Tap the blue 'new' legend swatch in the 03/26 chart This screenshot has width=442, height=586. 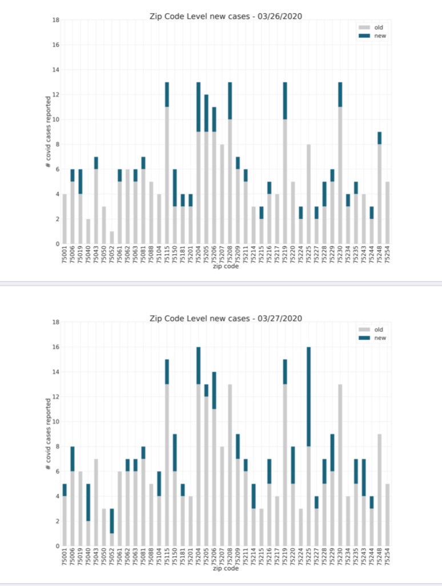[364, 35]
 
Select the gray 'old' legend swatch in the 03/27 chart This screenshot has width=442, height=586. [364, 330]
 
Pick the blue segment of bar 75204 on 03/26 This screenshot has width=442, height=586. [199, 107]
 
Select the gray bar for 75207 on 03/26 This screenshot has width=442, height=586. [222, 194]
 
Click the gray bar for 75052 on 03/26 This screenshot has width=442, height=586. [112, 238]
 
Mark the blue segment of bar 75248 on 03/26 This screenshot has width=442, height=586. [380, 138]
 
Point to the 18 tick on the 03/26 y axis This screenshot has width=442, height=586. [56, 20]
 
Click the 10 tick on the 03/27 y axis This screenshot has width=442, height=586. [56, 422]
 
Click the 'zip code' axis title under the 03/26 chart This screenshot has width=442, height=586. [225, 267]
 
